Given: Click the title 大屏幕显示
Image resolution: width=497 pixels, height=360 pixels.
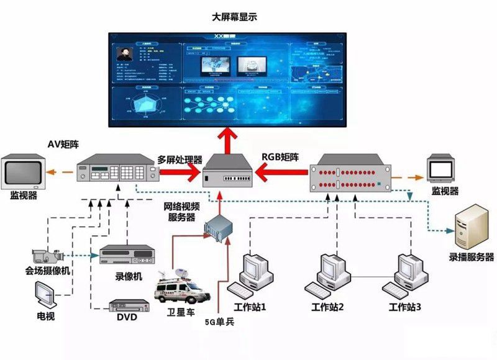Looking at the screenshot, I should [x=234, y=17].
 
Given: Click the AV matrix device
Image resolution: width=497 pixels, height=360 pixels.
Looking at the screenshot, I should [x=117, y=168].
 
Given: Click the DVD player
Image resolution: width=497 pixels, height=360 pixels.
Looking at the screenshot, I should [x=129, y=305].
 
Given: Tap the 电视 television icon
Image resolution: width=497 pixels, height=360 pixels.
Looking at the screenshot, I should [x=46, y=295].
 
